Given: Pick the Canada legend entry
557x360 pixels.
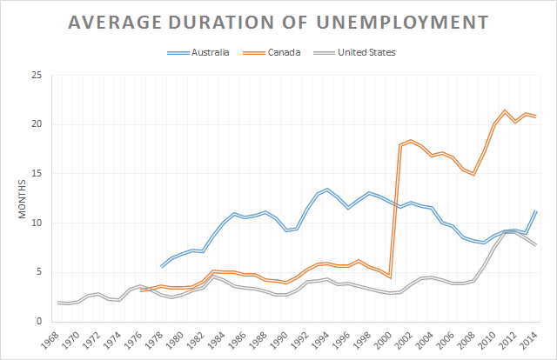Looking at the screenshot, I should tap(285, 53).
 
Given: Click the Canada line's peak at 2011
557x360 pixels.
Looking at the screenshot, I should tap(504, 110).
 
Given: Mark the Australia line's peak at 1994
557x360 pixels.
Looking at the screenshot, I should tap(327, 189).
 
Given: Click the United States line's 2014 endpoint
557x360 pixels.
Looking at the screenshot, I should tap(534, 245).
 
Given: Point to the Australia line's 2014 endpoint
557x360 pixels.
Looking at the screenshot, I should tap(534, 211).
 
